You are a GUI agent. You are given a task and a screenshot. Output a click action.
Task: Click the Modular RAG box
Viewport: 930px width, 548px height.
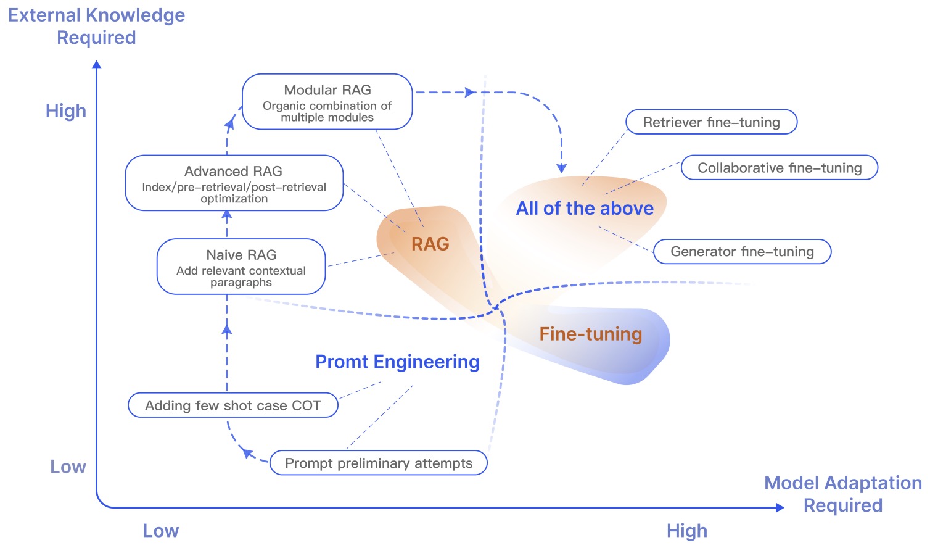click(327, 102)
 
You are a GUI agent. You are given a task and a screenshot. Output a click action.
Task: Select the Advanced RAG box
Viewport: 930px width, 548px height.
click(234, 183)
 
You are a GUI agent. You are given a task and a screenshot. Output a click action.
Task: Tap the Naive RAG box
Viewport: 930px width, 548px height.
click(241, 267)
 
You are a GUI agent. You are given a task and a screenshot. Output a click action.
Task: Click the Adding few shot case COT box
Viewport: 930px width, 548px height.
click(233, 405)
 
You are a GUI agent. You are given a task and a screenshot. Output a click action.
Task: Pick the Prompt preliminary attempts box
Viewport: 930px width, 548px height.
click(379, 463)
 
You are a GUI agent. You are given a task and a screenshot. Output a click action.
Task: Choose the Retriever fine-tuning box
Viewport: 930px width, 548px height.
click(711, 122)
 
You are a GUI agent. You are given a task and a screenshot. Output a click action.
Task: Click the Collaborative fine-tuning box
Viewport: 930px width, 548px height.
click(780, 168)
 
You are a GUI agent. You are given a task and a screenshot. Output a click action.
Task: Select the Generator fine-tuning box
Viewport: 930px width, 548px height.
click(742, 252)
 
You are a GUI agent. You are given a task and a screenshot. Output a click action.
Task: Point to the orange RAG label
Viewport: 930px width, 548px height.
click(430, 244)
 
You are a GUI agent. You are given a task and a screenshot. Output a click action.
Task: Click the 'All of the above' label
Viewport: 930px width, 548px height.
click(585, 209)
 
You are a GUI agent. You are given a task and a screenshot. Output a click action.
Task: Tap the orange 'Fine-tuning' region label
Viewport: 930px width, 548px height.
click(591, 334)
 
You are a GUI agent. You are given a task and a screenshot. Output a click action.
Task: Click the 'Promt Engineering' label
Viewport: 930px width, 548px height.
click(397, 362)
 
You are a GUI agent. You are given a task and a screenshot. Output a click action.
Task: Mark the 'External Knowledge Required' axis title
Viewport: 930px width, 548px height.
click(96, 26)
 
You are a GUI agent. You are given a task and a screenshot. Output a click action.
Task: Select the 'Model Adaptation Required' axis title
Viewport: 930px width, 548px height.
click(843, 494)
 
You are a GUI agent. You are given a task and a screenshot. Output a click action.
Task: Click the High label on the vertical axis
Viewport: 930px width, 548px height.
click(66, 111)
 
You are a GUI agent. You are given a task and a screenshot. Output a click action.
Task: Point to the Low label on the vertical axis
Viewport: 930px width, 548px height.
click(68, 467)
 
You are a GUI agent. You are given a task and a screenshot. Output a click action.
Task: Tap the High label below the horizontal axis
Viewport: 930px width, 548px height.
click(687, 531)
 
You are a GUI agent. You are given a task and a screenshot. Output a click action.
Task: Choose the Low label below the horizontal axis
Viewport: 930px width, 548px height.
click(161, 531)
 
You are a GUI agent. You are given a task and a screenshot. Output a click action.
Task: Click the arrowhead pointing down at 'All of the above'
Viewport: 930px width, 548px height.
click(561, 168)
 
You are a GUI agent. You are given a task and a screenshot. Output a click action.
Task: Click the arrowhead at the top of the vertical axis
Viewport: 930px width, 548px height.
click(96, 64)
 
